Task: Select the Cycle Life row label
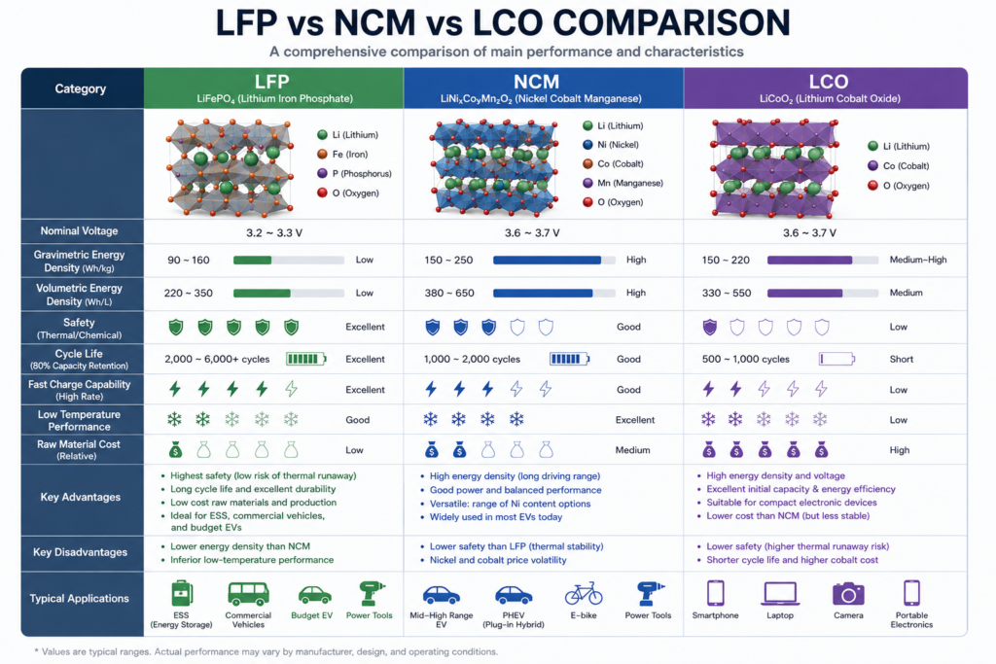tap(79, 359)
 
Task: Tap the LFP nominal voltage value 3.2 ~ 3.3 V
tap(274, 233)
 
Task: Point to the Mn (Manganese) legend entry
tap(622, 183)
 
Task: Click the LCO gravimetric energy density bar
tap(823, 260)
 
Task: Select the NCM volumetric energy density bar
tap(553, 293)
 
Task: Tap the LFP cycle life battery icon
tap(306, 359)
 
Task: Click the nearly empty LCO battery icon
tap(836, 359)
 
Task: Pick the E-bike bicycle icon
tap(584, 594)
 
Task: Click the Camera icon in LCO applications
tap(848, 594)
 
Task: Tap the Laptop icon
tap(780, 594)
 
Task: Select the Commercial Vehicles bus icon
tap(248, 594)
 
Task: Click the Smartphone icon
tap(715, 594)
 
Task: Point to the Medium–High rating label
tap(918, 260)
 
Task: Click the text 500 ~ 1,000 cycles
tap(746, 360)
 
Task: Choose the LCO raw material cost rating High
tap(900, 450)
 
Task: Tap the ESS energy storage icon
tap(182, 594)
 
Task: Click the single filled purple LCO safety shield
tap(709, 327)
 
